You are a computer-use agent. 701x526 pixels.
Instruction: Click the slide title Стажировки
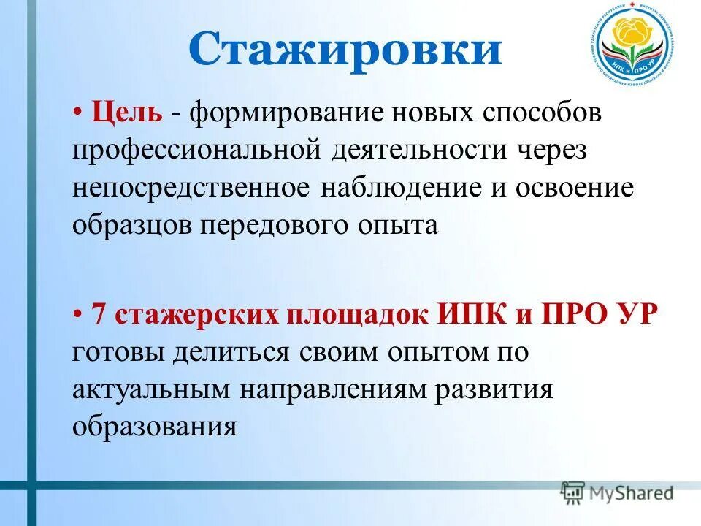click(x=345, y=50)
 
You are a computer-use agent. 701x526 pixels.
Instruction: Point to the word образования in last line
click(x=155, y=426)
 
